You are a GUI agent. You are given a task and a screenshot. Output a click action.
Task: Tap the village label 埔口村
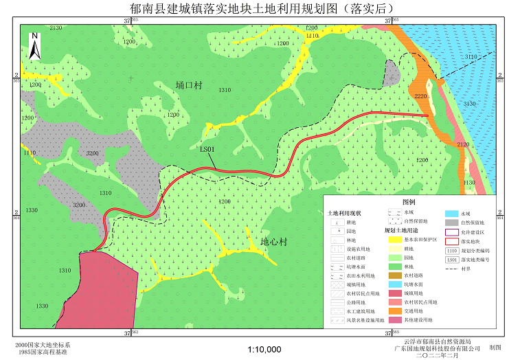(x=188, y=85)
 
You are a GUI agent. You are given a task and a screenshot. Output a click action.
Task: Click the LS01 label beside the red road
(x=207, y=148)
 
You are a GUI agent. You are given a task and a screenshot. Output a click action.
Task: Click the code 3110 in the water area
(x=471, y=57)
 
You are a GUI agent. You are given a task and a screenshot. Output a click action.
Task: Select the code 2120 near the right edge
(x=462, y=144)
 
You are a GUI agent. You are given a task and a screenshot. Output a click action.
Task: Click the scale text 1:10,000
(x=264, y=350)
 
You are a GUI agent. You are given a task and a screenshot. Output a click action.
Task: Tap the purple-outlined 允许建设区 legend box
(x=452, y=232)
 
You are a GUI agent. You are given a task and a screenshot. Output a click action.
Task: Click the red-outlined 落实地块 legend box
(x=452, y=241)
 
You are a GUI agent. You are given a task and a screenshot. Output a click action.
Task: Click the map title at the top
(x=253, y=8)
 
